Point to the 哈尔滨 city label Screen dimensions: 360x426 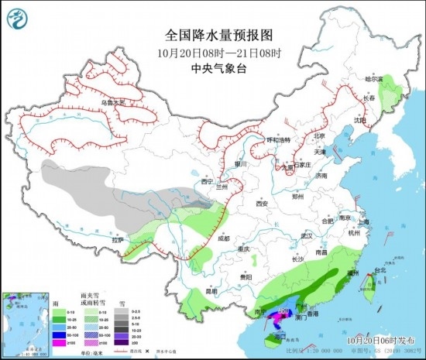[374, 79]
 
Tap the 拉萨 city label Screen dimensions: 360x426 [118, 240]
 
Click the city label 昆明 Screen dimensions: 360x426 [211, 291]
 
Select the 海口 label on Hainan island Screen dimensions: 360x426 [280, 336]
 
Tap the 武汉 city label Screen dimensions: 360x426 [306, 235]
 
